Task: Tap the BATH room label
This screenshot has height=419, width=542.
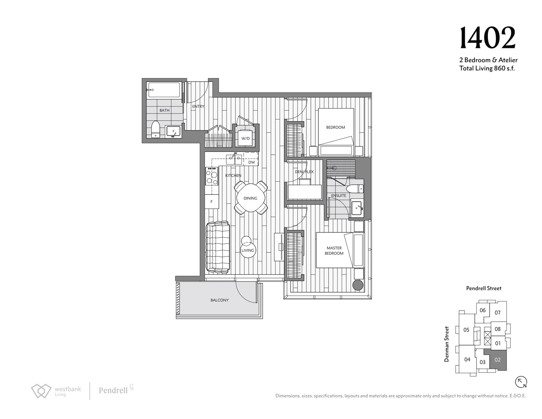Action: point(164,110)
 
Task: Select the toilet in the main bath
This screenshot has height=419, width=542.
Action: point(156,129)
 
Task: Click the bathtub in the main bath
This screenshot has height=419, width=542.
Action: point(164,90)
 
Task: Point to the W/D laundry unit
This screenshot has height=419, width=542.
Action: point(245,138)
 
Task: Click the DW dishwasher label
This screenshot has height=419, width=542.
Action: point(252,162)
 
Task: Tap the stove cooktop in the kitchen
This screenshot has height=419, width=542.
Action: point(212,176)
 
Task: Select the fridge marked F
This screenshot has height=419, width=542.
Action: point(212,202)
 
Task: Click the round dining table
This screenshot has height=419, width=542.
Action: point(250,198)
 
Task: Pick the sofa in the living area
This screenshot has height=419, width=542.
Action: point(217,247)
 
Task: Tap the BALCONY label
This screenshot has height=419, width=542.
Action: point(219,300)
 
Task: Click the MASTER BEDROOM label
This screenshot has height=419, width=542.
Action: point(334,251)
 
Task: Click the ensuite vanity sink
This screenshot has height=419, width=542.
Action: point(357,208)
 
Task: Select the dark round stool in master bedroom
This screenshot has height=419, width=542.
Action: point(358,285)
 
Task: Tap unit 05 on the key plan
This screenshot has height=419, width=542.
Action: point(466,330)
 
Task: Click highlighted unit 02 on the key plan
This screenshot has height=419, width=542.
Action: point(497,360)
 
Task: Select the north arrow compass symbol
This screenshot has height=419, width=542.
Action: point(521,382)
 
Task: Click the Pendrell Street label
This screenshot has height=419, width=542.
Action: point(484,288)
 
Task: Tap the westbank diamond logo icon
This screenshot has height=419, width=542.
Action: point(41,391)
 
